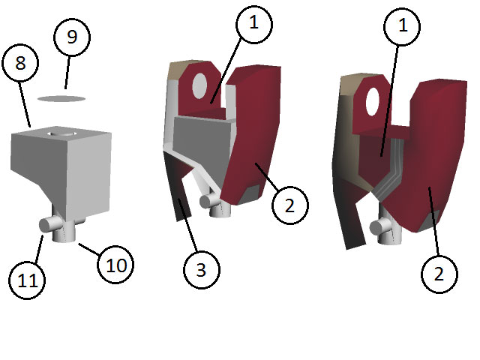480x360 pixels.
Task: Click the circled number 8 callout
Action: click(20, 63)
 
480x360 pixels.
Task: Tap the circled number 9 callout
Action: click(72, 37)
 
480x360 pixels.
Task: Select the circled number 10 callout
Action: click(115, 265)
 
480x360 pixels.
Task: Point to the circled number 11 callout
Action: click(27, 280)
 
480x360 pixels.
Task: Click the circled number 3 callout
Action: click(202, 270)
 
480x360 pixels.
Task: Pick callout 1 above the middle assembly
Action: click(254, 23)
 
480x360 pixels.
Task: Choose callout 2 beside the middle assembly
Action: click(290, 205)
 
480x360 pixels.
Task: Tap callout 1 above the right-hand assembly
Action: click(402, 25)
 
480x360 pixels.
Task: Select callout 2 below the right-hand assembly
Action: click(439, 273)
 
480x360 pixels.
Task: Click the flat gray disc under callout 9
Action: click(61, 98)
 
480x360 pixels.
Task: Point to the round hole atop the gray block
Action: click(61, 134)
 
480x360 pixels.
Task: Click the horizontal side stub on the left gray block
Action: click(49, 224)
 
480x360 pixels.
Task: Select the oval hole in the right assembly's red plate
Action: click(373, 102)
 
